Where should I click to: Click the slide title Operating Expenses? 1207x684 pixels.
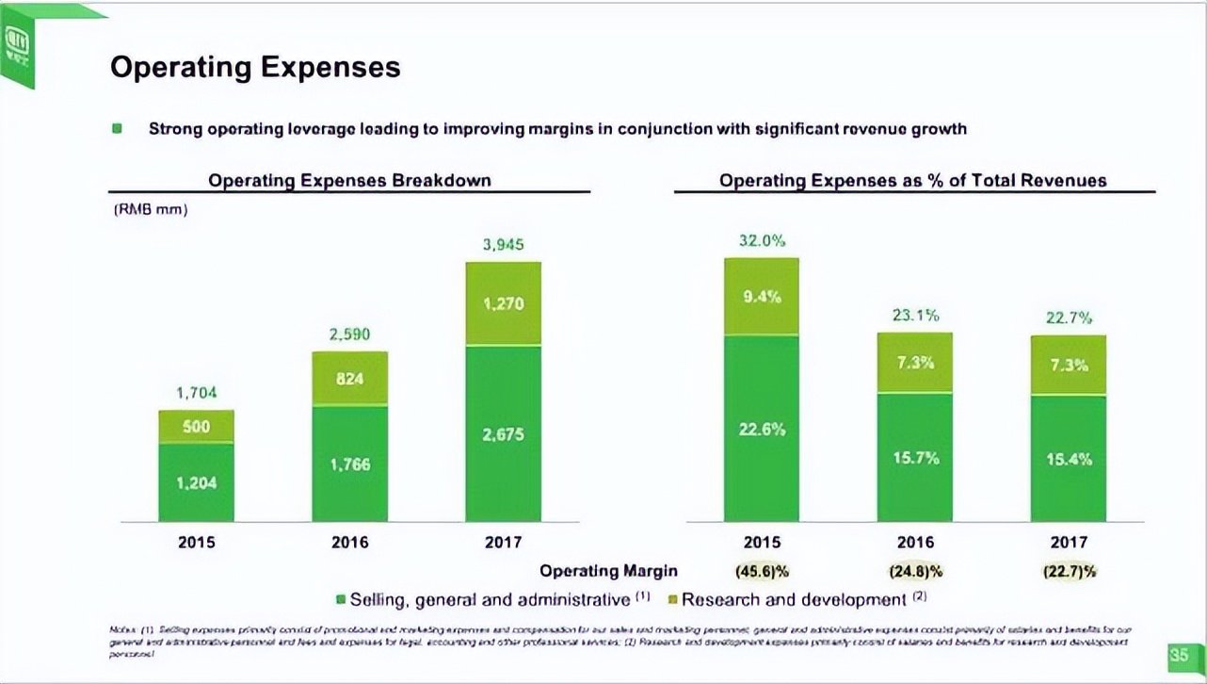tap(255, 68)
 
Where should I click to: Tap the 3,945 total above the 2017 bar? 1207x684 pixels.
tap(504, 245)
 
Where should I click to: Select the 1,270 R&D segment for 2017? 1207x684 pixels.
tap(504, 304)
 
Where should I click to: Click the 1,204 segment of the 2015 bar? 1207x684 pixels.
tap(196, 483)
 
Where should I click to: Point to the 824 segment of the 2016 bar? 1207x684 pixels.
tap(349, 378)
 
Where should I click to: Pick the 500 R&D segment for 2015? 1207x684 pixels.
tap(196, 427)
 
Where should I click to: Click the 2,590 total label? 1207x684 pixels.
tap(349, 334)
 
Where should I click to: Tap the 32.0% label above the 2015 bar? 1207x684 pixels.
tap(762, 241)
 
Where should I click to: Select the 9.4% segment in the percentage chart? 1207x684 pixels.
tap(762, 297)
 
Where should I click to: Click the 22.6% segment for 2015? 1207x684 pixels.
tap(762, 430)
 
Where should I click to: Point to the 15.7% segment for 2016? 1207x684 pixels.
tap(915, 458)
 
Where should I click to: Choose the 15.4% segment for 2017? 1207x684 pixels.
tap(1069, 460)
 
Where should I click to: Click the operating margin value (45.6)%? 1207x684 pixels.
tap(762, 571)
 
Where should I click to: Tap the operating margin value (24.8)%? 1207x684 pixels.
tap(915, 571)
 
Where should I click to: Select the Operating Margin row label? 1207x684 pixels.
tap(608, 571)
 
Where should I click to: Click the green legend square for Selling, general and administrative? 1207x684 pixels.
tap(341, 600)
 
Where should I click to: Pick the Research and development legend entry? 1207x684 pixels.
tap(793, 600)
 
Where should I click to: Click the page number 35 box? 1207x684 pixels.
tap(1179, 656)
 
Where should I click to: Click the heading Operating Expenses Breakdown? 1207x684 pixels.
tap(349, 180)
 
